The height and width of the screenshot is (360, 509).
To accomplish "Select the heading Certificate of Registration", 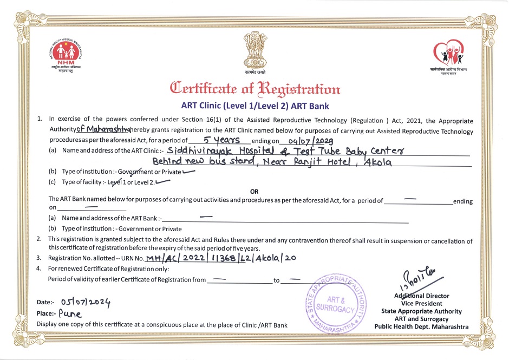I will [255, 88].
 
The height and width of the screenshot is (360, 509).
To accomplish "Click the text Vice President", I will [422, 304].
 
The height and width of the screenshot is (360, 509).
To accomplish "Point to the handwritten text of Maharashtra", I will [103, 130].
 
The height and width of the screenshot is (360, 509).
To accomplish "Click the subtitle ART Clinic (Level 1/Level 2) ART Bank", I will [255, 106].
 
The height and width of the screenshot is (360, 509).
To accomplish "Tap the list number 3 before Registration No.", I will [38, 258].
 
